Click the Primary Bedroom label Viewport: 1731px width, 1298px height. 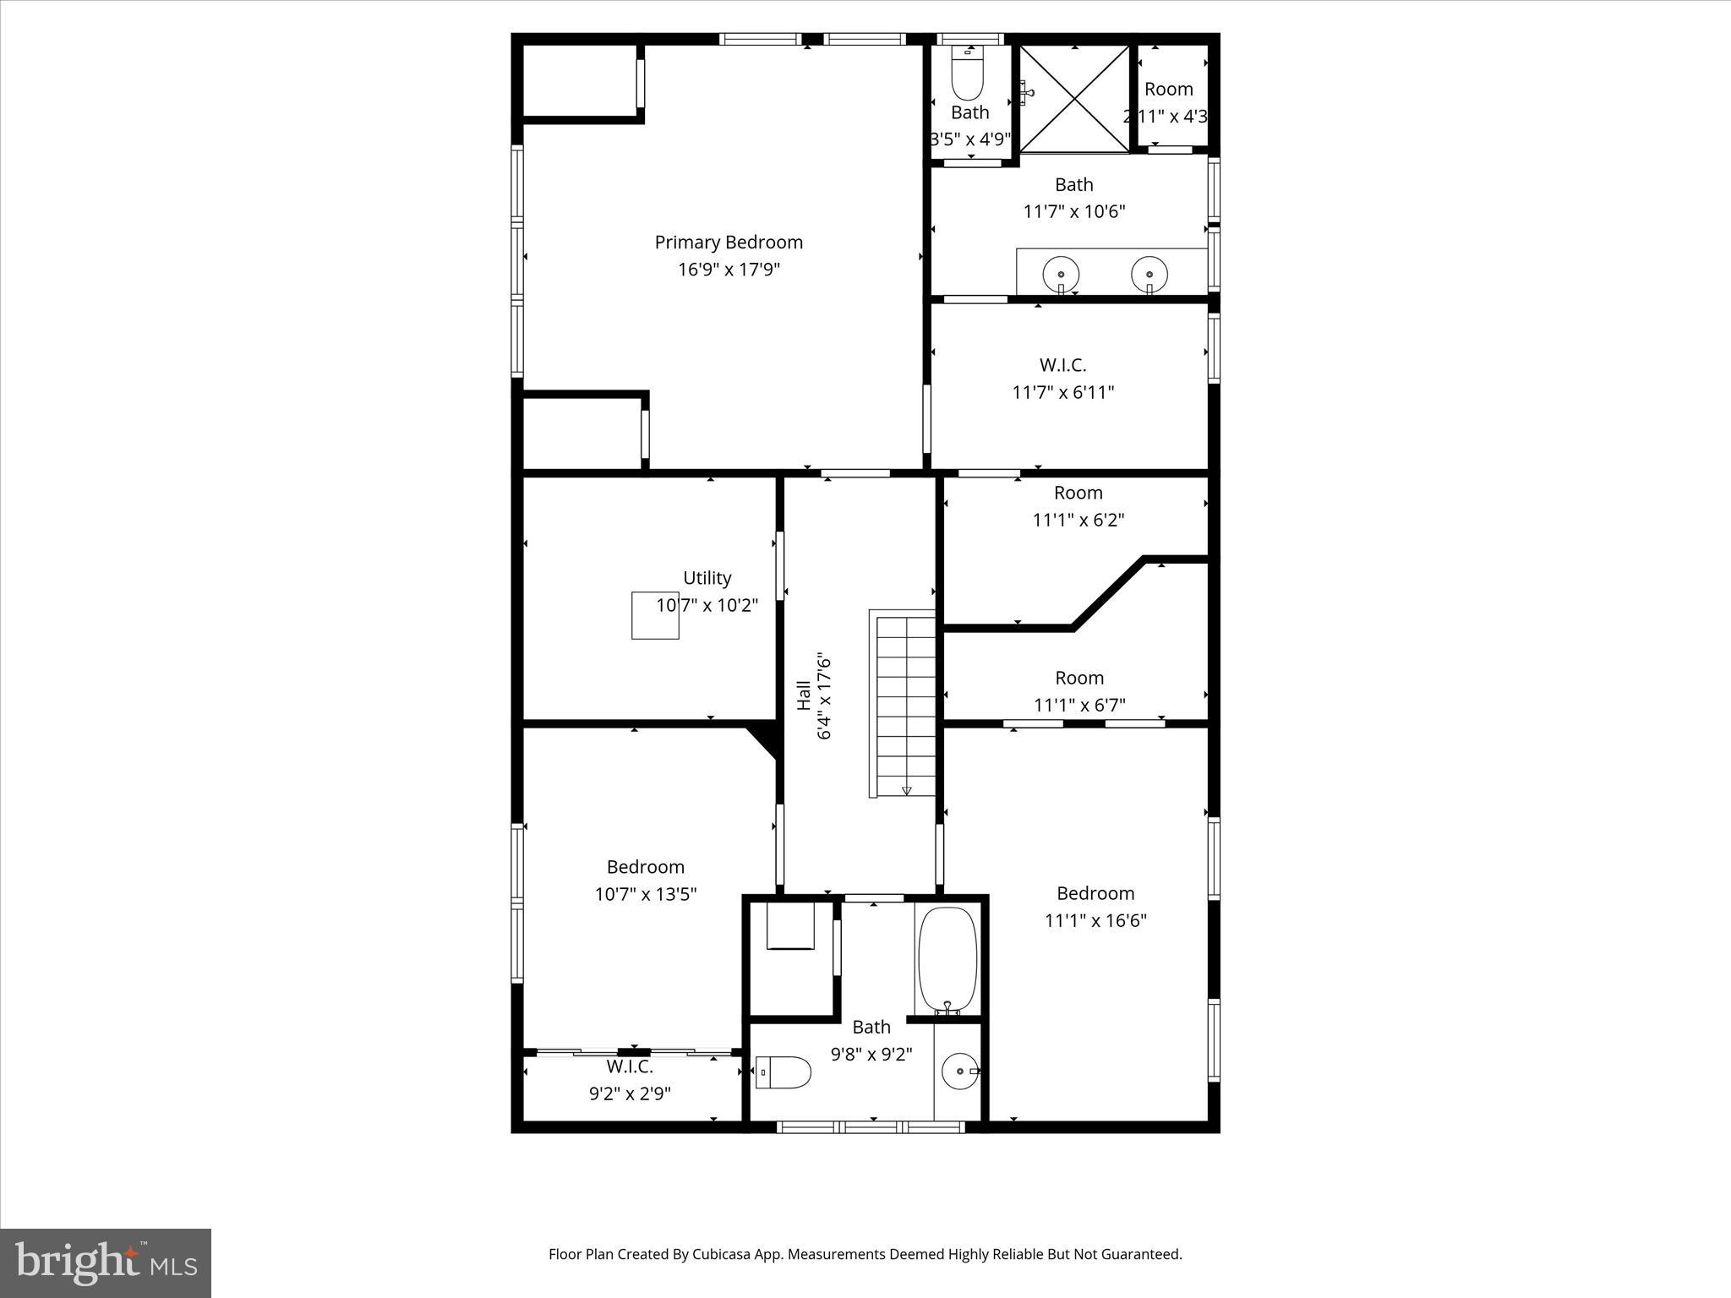(729, 243)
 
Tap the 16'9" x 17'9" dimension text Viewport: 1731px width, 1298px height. (729, 270)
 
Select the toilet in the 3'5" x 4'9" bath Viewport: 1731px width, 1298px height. (968, 75)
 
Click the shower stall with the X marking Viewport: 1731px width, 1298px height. (1074, 100)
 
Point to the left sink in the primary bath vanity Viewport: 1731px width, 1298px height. (1061, 275)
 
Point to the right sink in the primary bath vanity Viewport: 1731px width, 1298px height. (1149, 275)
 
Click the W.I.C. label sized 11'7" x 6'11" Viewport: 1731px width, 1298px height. (1063, 365)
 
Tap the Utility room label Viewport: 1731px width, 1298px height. (707, 578)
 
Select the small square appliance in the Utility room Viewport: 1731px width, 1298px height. (655, 615)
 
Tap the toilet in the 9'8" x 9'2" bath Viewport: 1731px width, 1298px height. (784, 1072)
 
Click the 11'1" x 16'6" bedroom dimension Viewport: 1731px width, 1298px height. (1095, 920)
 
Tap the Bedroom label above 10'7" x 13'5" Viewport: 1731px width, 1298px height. (646, 867)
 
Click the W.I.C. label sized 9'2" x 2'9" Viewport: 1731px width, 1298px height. (630, 1067)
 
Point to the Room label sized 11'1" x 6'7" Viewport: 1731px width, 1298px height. (1079, 678)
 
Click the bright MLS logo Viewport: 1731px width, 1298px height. (106, 1263)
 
